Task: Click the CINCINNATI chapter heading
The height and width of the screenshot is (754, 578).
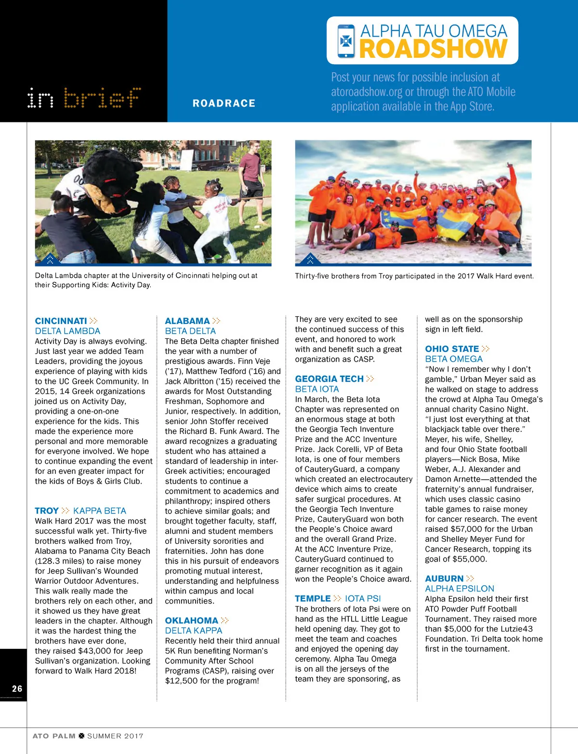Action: click(x=61, y=321)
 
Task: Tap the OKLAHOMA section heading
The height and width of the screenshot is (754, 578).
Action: click(x=191, y=620)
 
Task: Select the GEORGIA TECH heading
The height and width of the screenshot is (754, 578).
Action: click(x=329, y=379)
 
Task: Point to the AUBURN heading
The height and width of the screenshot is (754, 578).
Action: click(x=444, y=579)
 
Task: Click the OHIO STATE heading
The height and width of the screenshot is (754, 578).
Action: click(x=452, y=349)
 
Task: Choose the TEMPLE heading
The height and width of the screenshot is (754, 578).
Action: click(x=313, y=598)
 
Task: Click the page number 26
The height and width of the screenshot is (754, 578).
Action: click(x=17, y=689)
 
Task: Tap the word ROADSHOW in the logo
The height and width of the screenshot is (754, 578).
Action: click(x=433, y=49)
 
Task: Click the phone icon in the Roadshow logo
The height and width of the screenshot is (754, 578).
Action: click(x=346, y=41)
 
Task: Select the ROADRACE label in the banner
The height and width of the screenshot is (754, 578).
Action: click(x=224, y=103)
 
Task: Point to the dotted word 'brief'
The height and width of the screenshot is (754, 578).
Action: click(x=102, y=98)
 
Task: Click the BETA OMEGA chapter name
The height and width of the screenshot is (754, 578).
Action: click(x=454, y=359)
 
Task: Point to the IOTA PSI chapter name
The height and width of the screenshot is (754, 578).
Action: click(x=363, y=598)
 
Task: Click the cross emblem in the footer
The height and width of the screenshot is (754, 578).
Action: click(x=81, y=736)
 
